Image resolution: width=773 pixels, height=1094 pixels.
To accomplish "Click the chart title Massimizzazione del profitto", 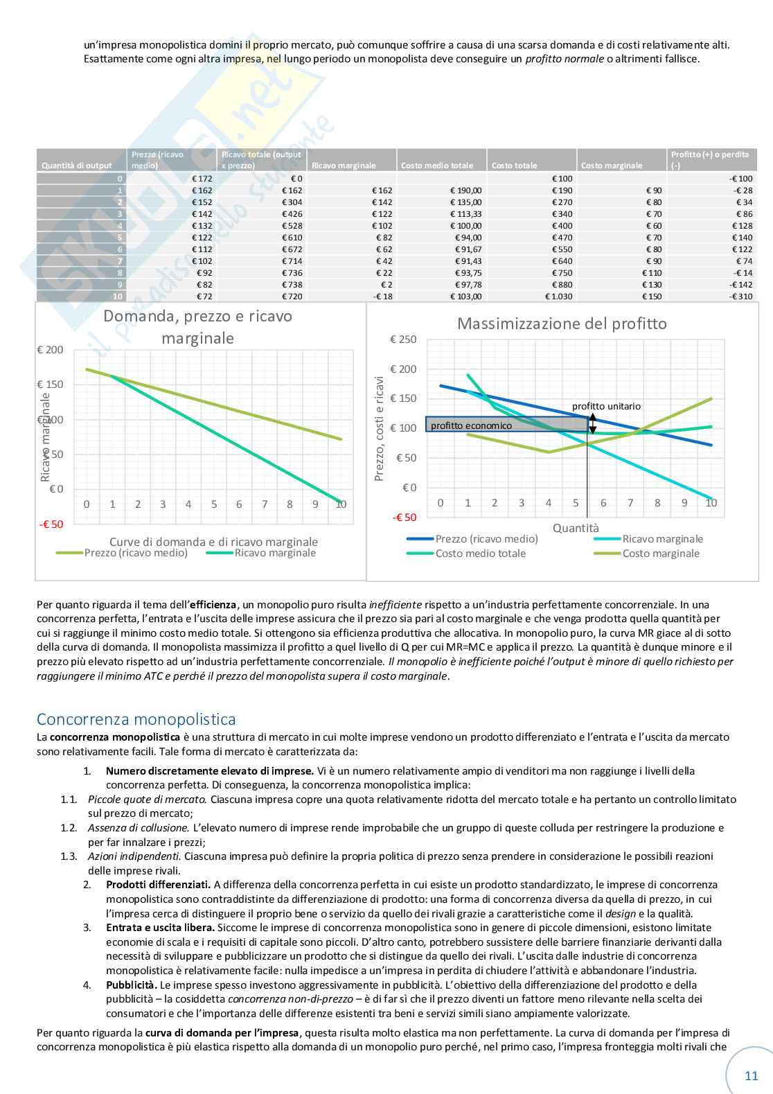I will pos(562,324).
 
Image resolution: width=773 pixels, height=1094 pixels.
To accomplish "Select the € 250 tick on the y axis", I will pos(403,339).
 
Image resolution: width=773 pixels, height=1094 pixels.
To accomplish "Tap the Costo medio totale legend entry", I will pos(480,554).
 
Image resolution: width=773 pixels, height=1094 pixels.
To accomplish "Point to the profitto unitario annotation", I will pos(606,407).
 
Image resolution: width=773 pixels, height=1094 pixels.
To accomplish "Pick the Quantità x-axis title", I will pos(576,528).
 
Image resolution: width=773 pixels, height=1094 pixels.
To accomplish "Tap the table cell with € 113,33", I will pos(465,214).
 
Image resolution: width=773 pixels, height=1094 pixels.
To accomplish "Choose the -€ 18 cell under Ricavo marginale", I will pos(382,297).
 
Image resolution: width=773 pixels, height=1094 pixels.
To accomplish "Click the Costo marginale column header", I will pos(612,166).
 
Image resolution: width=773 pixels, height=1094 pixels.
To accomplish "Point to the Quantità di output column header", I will pos(76,166).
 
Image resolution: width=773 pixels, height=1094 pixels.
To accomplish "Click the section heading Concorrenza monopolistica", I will pos(136,719).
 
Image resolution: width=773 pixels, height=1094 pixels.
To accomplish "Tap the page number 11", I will pos(752,1076).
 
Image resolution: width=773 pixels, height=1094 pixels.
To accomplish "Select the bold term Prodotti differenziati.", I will pos(158,885).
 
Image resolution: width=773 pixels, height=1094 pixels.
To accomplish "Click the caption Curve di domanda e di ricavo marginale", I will pos(213,542).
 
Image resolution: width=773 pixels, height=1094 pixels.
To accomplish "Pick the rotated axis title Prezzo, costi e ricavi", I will pos(379,429).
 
